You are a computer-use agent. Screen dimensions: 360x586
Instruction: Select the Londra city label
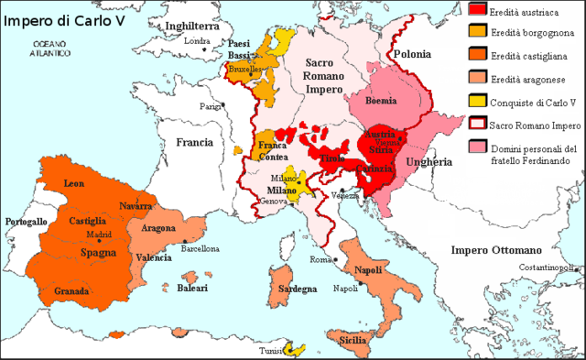[x=198, y=40]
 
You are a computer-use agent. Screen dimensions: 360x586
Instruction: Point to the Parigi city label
[x=212, y=106]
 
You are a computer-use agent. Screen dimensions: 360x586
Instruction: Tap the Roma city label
[x=319, y=260]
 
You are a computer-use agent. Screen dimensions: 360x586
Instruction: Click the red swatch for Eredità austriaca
[x=477, y=10]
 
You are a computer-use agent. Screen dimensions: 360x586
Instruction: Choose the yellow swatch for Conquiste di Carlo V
[x=477, y=102]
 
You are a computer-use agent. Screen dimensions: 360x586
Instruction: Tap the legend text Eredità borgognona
[x=536, y=34]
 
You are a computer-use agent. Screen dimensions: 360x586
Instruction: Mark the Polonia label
[x=411, y=55]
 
